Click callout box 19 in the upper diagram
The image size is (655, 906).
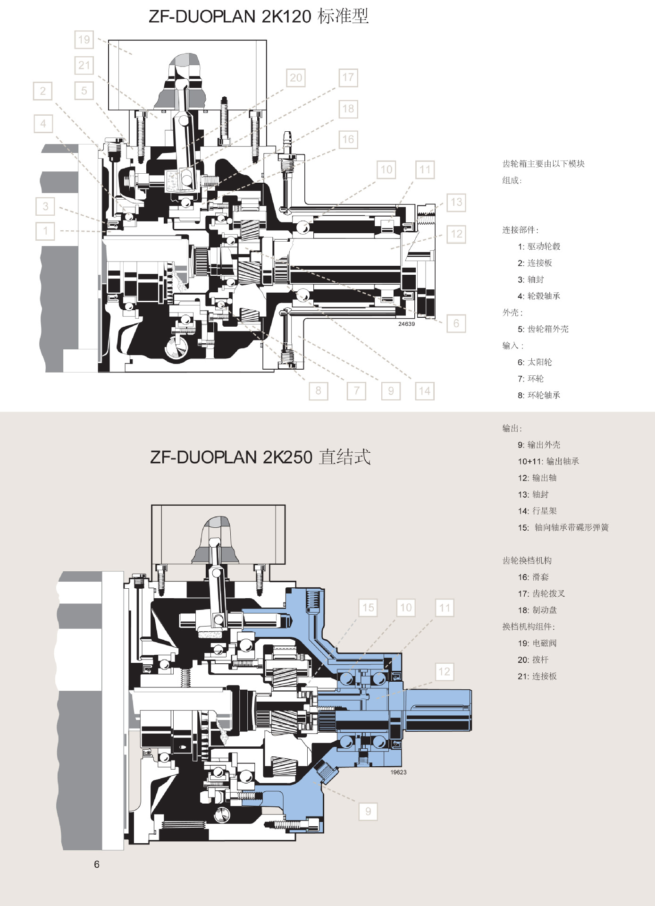pos(84,40)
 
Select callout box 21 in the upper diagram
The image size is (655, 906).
pos(84,65)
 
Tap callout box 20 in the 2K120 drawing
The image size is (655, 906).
pos(296,78)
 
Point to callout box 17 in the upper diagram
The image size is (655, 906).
pos(348,77)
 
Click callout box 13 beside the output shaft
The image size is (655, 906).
pos(456,203)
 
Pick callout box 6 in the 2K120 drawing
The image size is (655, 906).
pos(456,323)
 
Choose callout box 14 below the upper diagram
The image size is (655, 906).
pos(425,391)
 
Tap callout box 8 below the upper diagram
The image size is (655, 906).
pos(319,391)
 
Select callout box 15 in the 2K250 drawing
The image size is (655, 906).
pos(368,608)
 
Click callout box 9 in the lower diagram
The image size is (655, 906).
pos(368,812)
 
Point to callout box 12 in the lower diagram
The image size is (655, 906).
pos(444,672)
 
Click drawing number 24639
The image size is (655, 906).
pos(406,324)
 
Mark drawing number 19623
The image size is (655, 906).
pos(398,772)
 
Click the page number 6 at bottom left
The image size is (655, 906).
pos(97,864)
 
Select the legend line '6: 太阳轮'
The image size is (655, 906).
pos(535,362)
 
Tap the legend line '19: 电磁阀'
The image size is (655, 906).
pos(537,643)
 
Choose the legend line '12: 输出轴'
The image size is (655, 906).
pos(537,478)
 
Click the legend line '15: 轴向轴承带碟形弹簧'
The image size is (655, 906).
pos(563,527)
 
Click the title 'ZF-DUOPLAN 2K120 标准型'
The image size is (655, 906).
pos(259,17)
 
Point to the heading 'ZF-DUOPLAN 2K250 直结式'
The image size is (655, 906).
pos(260,457)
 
